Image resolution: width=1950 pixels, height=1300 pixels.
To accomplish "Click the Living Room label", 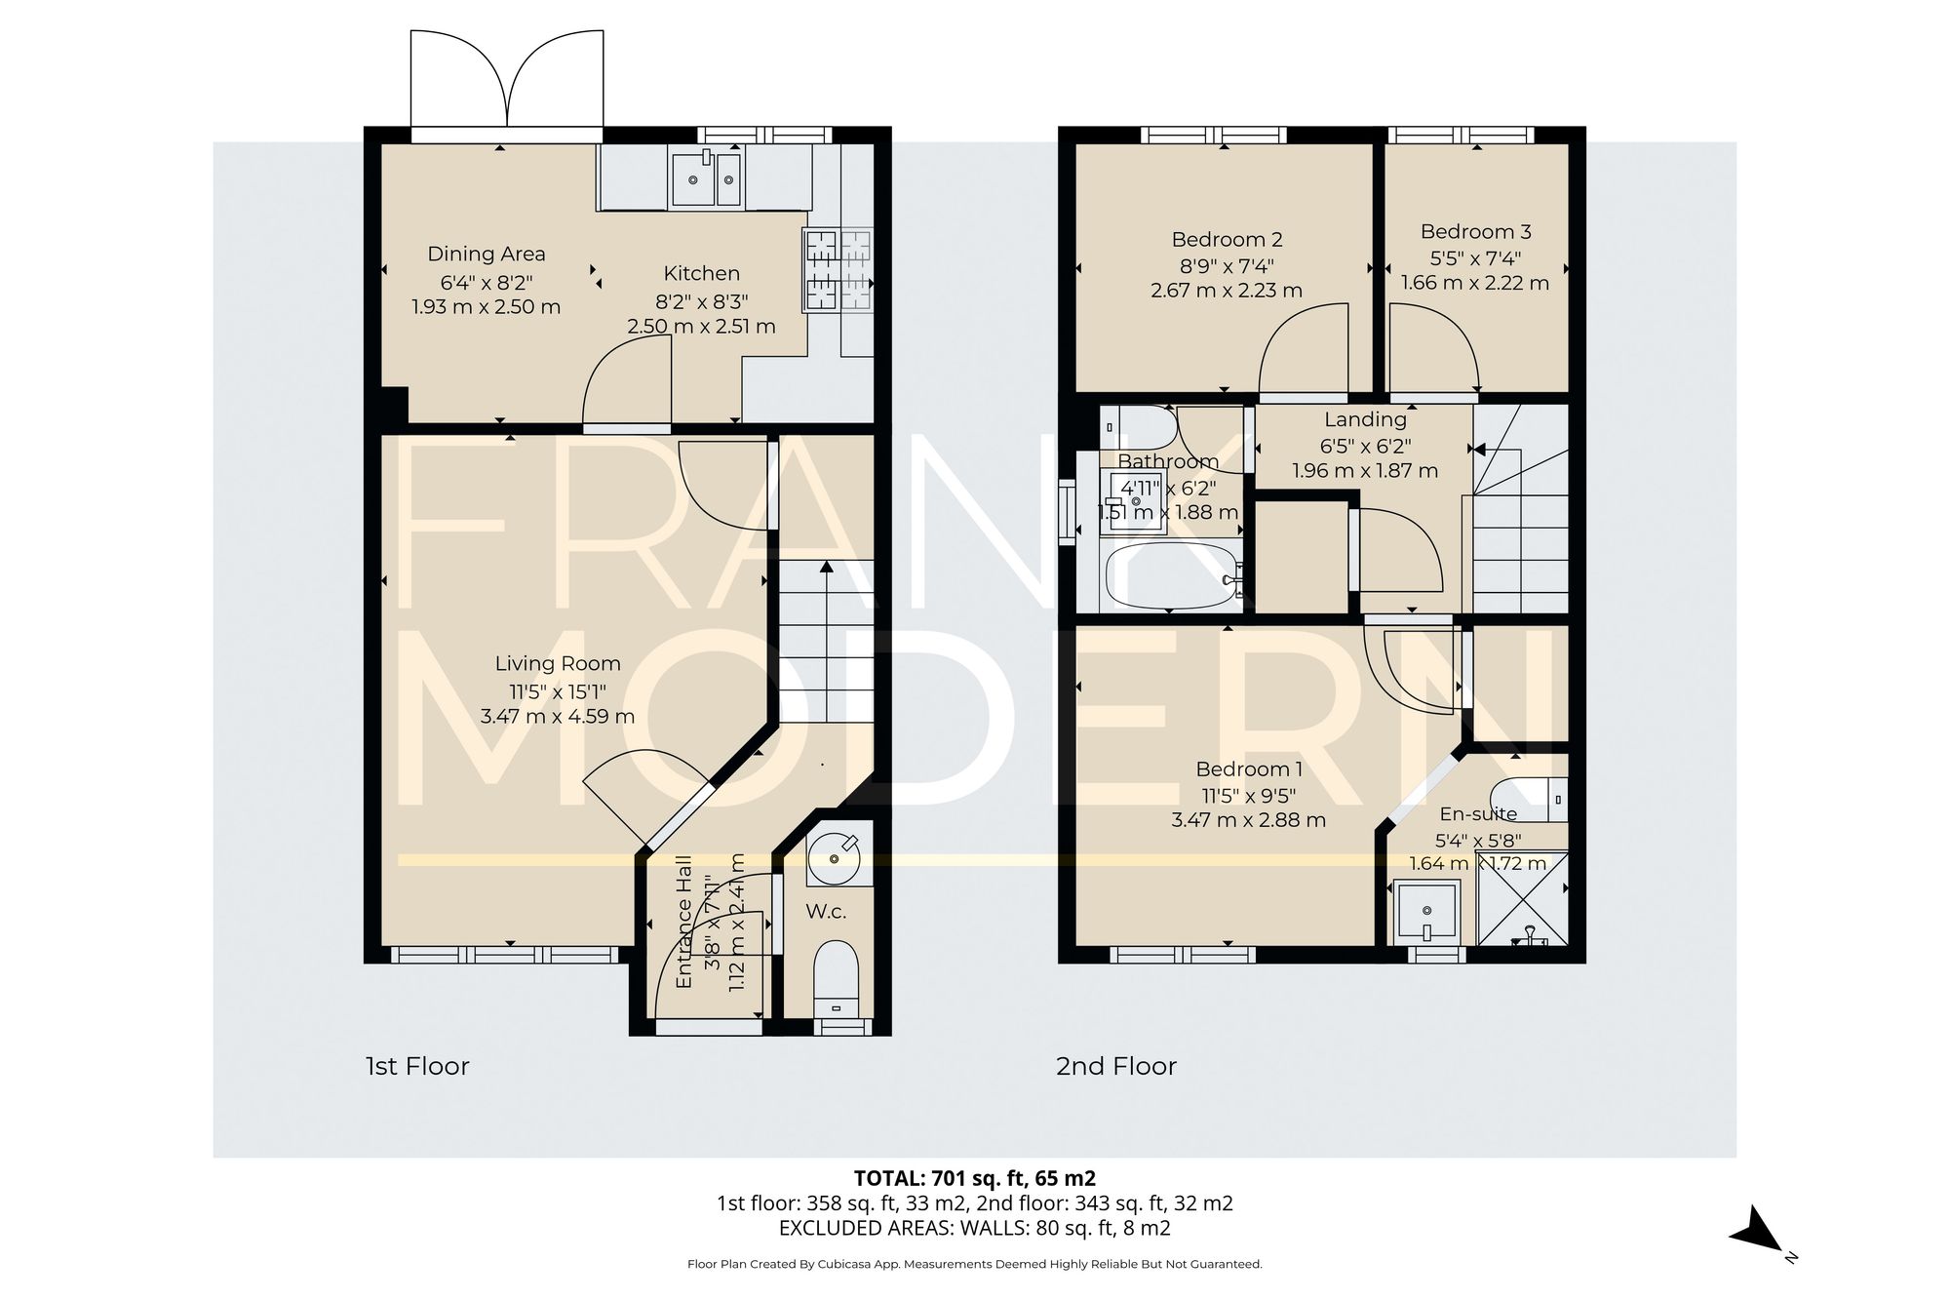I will tap(558, 664).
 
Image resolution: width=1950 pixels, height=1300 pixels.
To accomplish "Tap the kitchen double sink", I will tap(705, 178).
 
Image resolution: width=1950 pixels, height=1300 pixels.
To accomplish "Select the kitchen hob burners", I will tap(837, 270).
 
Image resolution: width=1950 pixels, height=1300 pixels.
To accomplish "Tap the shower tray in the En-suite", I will tap(1522, 898).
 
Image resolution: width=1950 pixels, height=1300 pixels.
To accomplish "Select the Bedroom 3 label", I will tap(1475, 232).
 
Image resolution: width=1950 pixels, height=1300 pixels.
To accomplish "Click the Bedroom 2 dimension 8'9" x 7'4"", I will tap(1227, 265).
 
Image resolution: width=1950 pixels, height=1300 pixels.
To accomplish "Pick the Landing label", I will tap(1365, 419).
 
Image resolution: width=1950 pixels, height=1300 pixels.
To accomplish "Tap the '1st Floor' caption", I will tap(417, 1066).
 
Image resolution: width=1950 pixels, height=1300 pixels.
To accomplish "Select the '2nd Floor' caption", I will tap(1115, 1066).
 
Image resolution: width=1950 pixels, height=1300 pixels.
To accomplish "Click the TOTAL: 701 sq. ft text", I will tap(974, 1178).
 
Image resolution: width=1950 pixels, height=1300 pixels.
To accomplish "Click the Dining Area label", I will tap(487, 255).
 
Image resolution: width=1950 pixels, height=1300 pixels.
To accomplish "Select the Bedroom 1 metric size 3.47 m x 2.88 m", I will tap(1248, 820).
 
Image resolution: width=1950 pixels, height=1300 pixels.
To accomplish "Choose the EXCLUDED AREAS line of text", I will tap(974, 1229).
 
